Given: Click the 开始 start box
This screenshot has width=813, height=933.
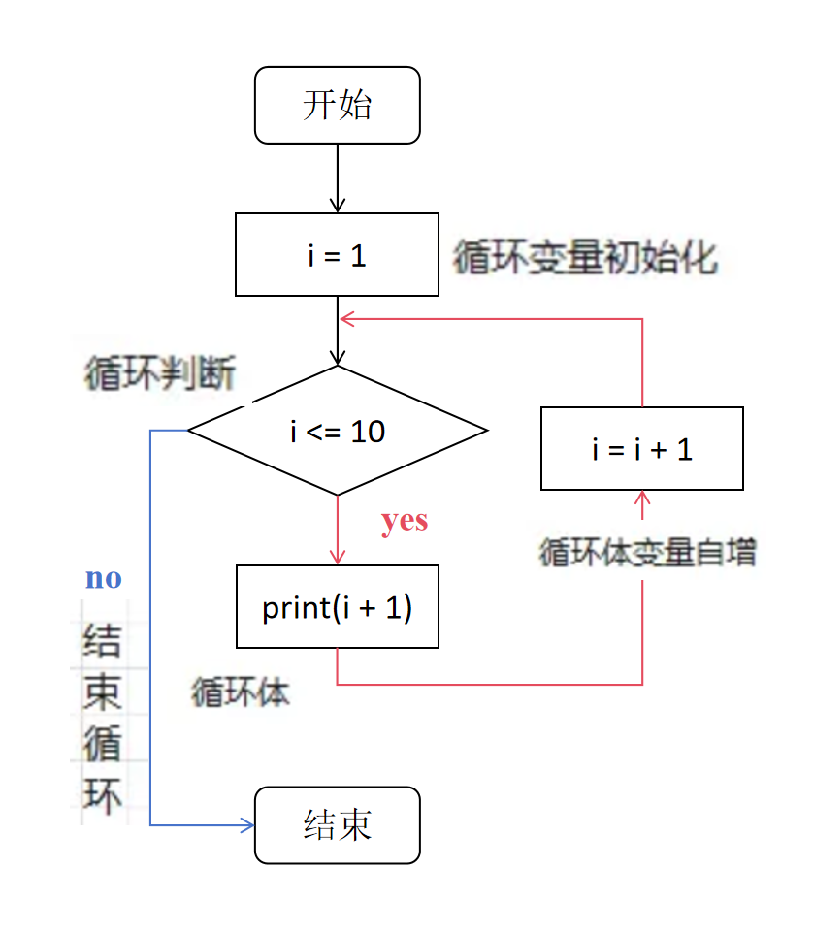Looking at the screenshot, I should (x=337, y=105).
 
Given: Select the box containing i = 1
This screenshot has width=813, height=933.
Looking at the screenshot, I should (x=337, y=255).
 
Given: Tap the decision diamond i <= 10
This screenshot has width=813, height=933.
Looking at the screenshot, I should (x=337, y=431).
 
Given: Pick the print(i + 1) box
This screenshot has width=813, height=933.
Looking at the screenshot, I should (x=337, y=607).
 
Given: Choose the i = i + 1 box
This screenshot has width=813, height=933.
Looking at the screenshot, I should (x=641, y=449).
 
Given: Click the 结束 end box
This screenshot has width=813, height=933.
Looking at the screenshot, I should (x=337, y=825).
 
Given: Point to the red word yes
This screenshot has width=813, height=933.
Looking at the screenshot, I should (x=405, y=521).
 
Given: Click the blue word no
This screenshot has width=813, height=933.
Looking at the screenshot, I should (x=104, y=579).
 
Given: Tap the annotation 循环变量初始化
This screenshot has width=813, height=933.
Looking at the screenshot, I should (x=585, y=259).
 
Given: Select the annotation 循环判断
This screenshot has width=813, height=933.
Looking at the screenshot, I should (x=159, y=374).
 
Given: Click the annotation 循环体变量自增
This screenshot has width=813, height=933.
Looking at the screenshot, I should (x=647, y=553).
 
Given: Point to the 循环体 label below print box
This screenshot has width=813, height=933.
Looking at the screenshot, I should (x=241, y=692).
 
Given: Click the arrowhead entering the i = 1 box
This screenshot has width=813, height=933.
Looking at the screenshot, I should (x=337, y=206).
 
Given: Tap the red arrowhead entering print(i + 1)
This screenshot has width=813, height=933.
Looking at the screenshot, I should (x=337, y=558).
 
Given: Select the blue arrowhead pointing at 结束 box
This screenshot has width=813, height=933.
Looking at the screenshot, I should (x=246, y=825).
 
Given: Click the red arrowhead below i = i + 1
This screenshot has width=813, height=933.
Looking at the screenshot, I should (x=641, y=498).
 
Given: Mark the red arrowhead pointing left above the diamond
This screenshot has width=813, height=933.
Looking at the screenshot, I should (x=345, y=319).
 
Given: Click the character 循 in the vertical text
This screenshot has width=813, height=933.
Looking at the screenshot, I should (x=102, y=745).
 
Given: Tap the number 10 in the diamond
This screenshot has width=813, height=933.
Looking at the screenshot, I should (x=368, y=432).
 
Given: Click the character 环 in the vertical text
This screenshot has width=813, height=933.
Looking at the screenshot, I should (x=102, y=797).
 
